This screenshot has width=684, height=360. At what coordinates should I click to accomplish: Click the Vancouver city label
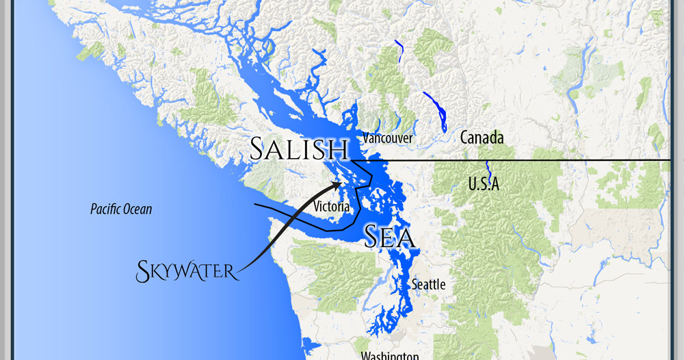click(x=388, y=138)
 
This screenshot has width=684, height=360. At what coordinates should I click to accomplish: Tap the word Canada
click(x=482, y=138)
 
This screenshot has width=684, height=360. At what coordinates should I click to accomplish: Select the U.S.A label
click(x=484, y=183)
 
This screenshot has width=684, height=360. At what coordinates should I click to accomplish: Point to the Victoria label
click(x=332, y=206)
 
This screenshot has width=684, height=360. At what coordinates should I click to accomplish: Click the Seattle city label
click(x=429, y=284)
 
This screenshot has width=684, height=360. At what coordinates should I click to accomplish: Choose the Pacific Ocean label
click(x=121, y=209)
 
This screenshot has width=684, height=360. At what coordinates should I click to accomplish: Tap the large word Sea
click(x=389, y=236)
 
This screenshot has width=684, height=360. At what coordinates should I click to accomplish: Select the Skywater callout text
click(x=187, y=270)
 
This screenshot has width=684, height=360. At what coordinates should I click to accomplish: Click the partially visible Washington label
click(x=390, y=356)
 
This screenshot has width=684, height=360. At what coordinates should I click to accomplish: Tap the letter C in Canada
click(x=465, y=138)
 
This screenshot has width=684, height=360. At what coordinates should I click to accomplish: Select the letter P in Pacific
click(x=93, y=209)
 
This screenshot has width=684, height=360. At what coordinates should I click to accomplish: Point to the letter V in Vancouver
click(x=366, y=138)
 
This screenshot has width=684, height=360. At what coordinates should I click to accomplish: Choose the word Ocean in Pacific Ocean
click(x=138, y=209)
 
